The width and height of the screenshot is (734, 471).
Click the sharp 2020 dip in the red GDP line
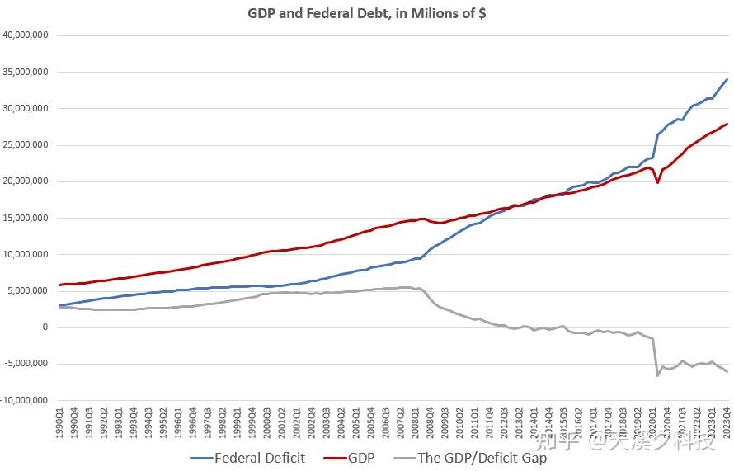click(x=657, y=181)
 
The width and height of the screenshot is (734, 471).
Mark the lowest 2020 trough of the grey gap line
click(x=657, y=375)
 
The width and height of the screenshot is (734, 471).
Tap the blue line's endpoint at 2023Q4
click(x=727, y=79)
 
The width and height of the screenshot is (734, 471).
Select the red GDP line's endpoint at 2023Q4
click(x=727, y=124)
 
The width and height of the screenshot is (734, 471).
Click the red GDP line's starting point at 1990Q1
click(x=59, y=285)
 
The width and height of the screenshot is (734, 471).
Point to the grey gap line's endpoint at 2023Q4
click(x=727, y=371)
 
